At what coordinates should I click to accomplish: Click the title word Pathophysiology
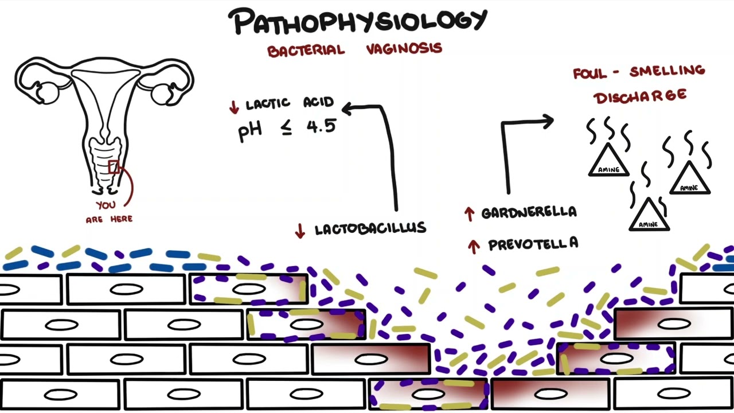[x=358, y=21]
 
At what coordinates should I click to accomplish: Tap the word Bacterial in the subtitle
[x=306, y=51]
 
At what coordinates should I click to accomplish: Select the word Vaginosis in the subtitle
[x=404, y=49]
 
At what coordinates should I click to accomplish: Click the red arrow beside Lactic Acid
[x=234, y=107]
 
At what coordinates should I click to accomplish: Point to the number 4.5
[x=322, y=126]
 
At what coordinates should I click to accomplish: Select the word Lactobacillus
[x=370, y=228]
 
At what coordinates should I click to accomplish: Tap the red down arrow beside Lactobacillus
[x=300, y=231]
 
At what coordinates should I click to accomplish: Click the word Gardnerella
[x=529, y=212]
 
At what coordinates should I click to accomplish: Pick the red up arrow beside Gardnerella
[x=470, y=214]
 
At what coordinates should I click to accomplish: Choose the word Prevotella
[x=533, y=244]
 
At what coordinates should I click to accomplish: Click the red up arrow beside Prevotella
[x=474, y=247]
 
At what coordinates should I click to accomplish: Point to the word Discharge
[x=640, y=96]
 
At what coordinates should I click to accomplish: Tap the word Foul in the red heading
[x=590, y=73]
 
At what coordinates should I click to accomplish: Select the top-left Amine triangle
[x=609, y=160]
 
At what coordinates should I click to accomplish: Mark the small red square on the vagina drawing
[x=114, y=167]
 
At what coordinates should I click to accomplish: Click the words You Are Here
[x=109, y=212]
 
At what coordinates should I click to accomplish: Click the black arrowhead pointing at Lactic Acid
[x=347, y=108]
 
